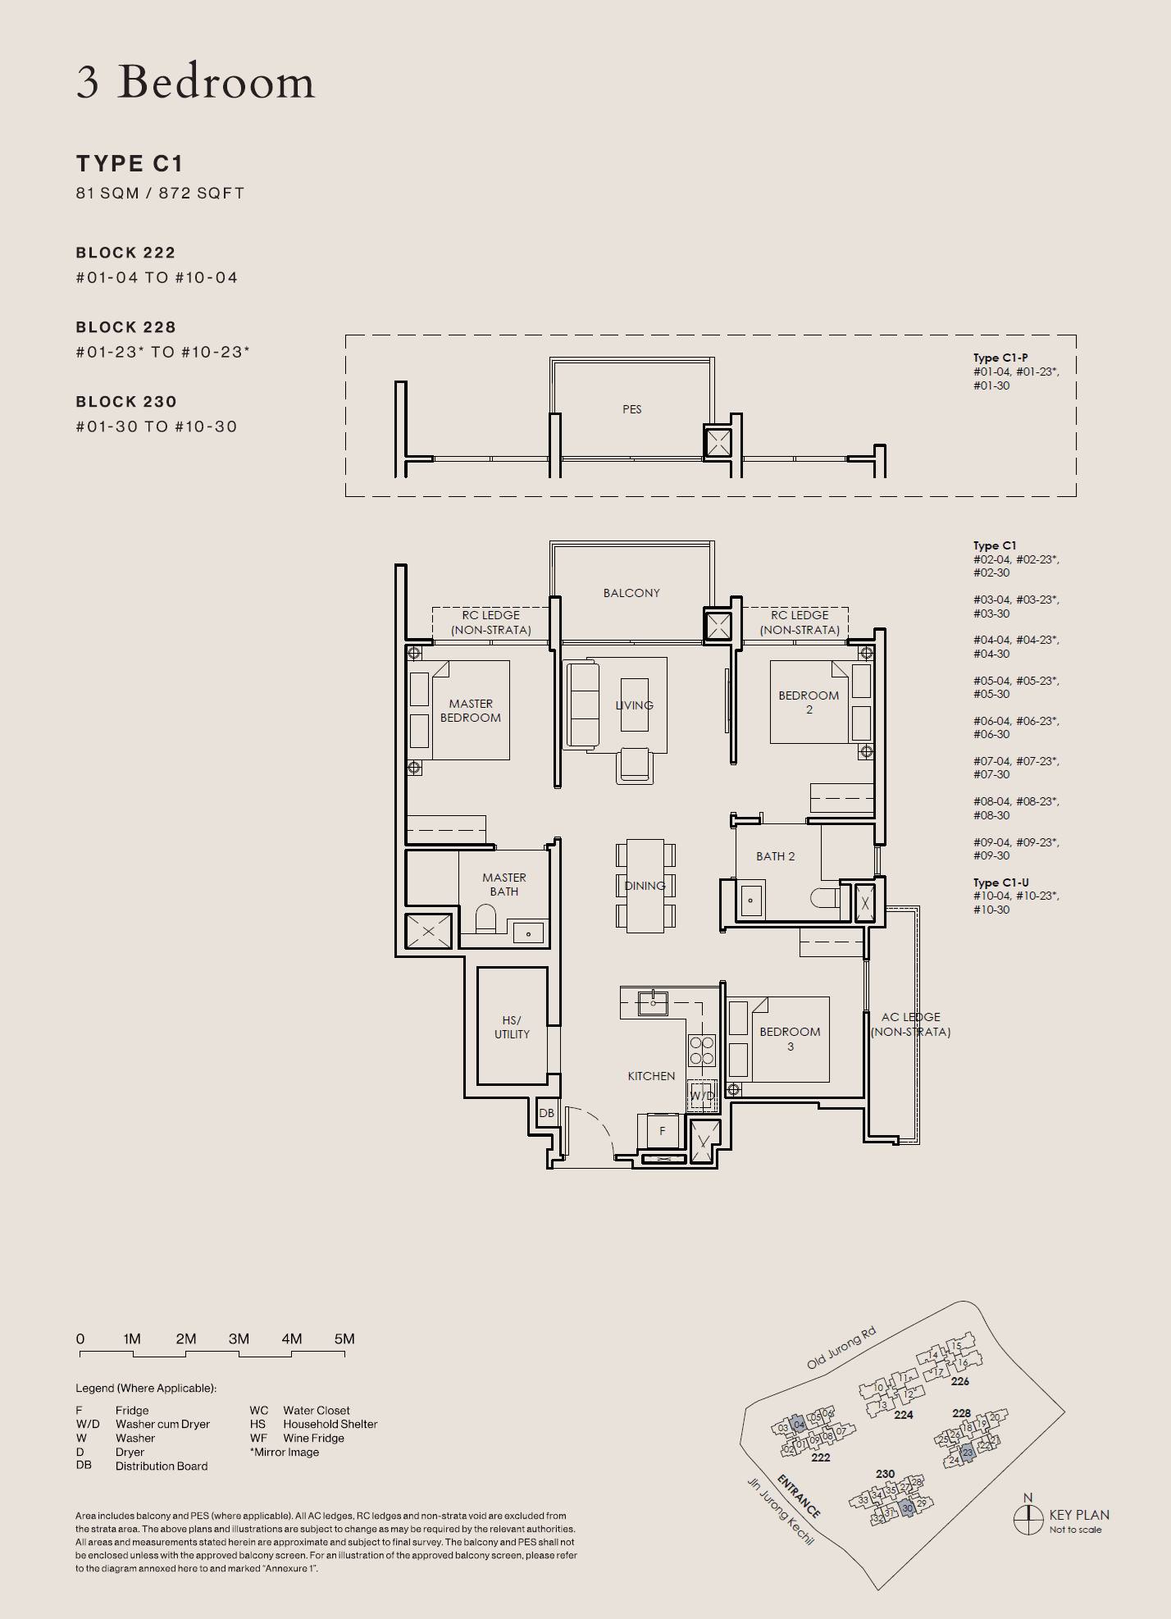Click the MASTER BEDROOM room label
pyautogui.click(x=471, y=710)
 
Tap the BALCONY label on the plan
pyautogui.click(x=631, y=593)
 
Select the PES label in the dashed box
pyautogui.click(x=631, y=409)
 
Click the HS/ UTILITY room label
pyautogui.click(x=512, y=1027)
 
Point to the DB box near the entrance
pyautogui.click(x=547, y=1113)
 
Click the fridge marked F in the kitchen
pyautogui.click(x=663, y=1131)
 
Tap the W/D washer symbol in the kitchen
pyautogui.click(x=702, y=1095)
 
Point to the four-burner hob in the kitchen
pyautogui.click(x=702, y=1051)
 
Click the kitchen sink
pyautogui.click(x=653, y=1003)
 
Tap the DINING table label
pyautogui.click(x=645, y=886)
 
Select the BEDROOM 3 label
pyautogui.click(x=790, y=1038)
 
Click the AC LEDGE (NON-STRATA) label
pyautogui.click(x=910, y=1024)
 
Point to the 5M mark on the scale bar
pyautogui.click(x=344, y=1339)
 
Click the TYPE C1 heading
pyautogui.click(x=130, y=163)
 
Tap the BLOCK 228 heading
pyautogui.click(x=126, y=327)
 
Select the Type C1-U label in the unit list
pyautogui.click(x=1000, y=882)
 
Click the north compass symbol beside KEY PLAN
pyautogui.click(x=1028, y=1519)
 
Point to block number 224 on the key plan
pyautogui.click(x=904, y=1415)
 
